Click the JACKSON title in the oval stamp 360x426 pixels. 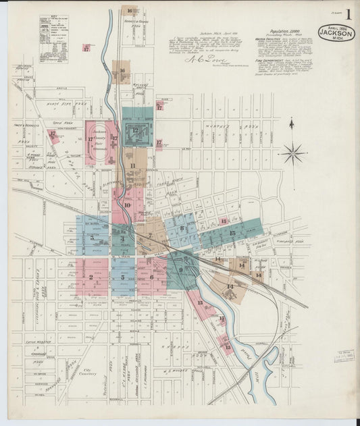click(336, 32)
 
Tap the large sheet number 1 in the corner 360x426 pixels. click(349, 14)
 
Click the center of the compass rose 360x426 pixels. click(293, 153)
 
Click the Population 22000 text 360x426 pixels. click(282, 32)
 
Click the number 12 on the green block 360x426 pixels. click(135, 130)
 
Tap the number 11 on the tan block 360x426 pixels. click(132, 165)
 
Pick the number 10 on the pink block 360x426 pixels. click(127, 205)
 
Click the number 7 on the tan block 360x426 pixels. click(150, 236)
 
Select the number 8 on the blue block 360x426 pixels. click(182, 228)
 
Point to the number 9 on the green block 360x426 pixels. click(181, 269)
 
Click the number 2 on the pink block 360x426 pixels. click(91, 277)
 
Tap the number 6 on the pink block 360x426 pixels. click(151, 277)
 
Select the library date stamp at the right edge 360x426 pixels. click(344, 356)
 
